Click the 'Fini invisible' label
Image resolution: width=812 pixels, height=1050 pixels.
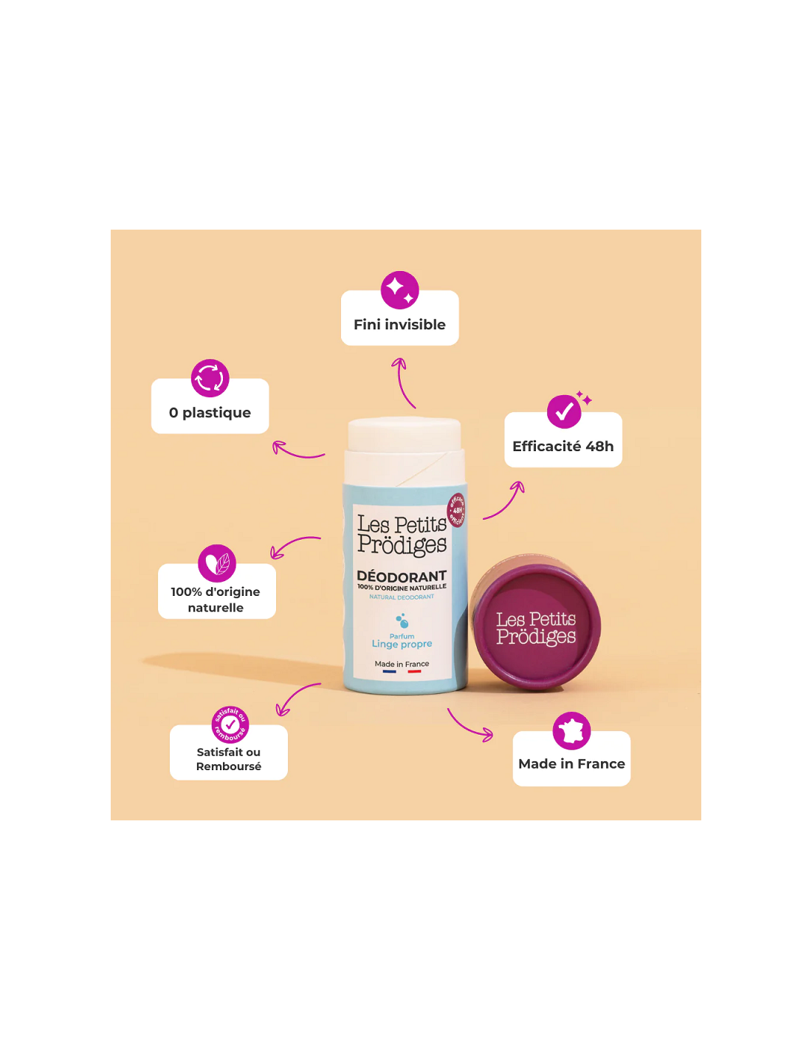(x=399, y=325)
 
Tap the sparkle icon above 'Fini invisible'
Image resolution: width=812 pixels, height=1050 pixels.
(x=399, y=290)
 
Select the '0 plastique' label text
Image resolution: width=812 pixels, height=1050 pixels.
(x=210, y=413)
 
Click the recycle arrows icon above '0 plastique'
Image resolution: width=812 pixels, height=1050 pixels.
(x=210, y=378)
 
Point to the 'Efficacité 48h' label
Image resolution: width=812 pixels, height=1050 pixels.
(x=562, y=447)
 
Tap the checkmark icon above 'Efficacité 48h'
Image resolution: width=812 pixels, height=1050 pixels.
(x=564, y=411)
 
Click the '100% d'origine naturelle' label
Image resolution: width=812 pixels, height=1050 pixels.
(x=216, y=600)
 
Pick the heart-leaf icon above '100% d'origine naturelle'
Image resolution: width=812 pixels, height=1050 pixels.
(x=217, y=563)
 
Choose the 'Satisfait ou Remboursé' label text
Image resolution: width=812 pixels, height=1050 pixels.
(x=229, y=759)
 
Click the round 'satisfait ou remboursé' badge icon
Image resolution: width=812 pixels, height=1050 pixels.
(x=230, y=724)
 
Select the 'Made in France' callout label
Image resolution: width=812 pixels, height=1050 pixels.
(x=571, y=764)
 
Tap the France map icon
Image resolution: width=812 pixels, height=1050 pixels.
(x=571, y=731)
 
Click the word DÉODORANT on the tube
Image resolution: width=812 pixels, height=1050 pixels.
(x=402, y=576)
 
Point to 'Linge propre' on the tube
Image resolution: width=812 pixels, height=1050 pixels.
(x=402, y=644)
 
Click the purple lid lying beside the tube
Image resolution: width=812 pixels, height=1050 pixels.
(x=537, y=627)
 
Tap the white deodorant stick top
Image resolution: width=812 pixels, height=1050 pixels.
(x=405, y=436)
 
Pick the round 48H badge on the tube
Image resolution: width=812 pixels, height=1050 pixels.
(x=457, y=510)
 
